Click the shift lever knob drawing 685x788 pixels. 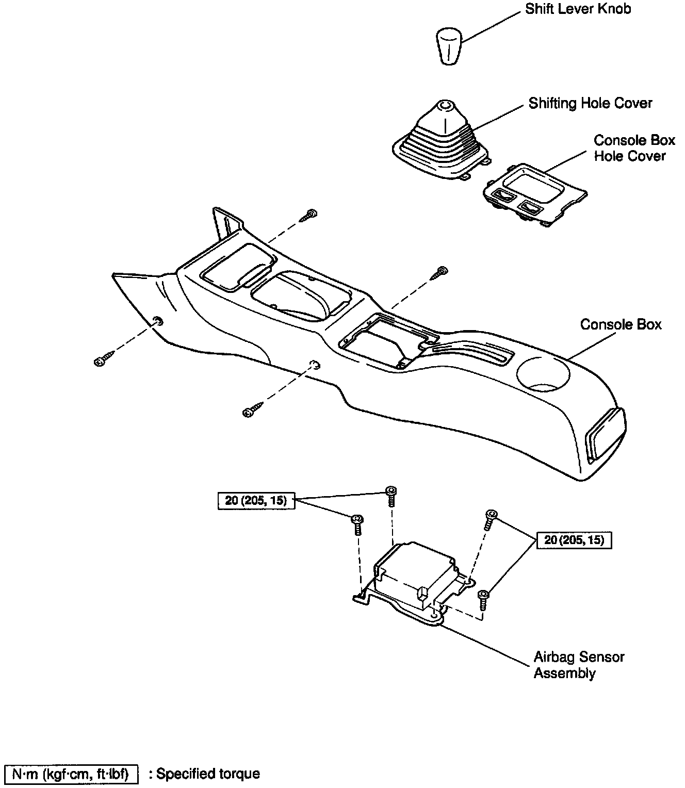point(448,46)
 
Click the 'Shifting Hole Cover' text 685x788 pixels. point(590,104)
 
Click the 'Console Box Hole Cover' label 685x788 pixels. point(633,148)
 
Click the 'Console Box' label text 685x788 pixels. point(621,324)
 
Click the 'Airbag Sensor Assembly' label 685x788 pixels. point(579,665)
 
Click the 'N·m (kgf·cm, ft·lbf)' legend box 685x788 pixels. point(71,774)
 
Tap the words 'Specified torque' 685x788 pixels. point(208,774)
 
